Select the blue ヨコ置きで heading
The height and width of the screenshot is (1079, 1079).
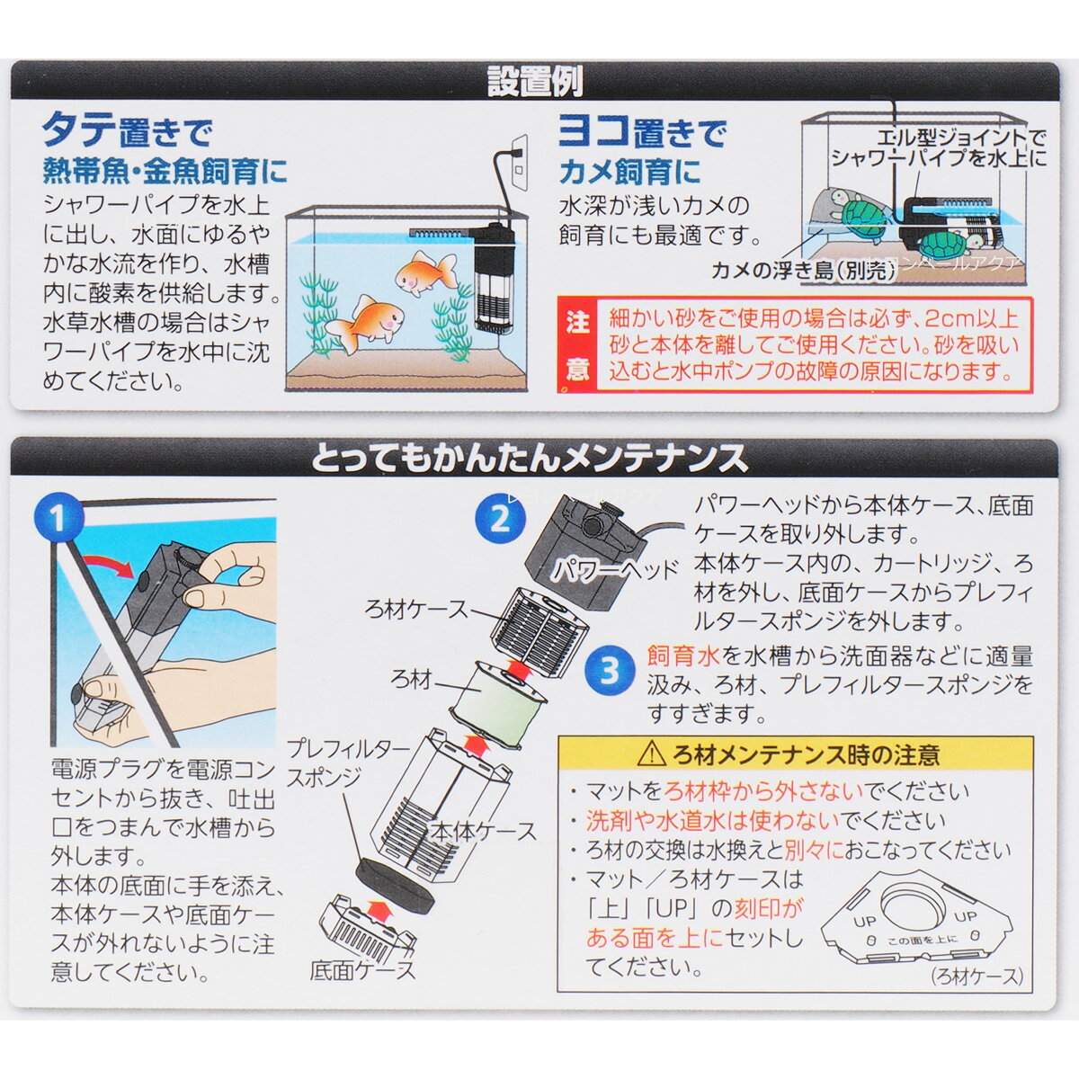pyautogui.click(x=642, y=133)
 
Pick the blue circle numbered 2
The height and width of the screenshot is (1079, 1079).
pyautogui.click(x=501, y=519)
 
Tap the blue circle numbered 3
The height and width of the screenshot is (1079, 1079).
pyautogui.click(x=610, y=671)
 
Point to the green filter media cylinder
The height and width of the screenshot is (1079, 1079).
pyautogui.click(x=499, y=699)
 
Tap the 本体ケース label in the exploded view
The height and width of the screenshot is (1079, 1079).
pyautogui.click(x=483, y=832)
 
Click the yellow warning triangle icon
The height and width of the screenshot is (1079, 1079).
pyautogui.click(x=652, y=756)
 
